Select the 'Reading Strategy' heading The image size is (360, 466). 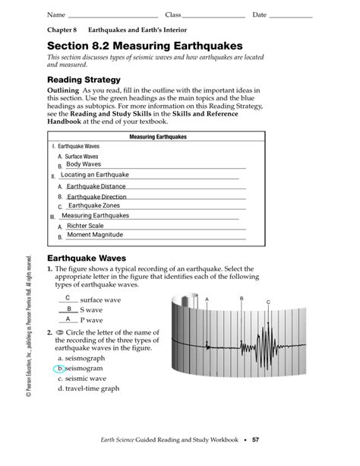point(84,79)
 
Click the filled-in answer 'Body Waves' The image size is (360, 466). point(83,164)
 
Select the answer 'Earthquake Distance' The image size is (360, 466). point(96,186)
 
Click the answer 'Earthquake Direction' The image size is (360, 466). point(96,196)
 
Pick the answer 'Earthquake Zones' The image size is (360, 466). point(93,206)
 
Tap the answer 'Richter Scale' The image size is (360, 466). point(85,226)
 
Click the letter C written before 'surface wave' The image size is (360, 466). point(68,298)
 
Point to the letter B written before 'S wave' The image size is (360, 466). point(68,309)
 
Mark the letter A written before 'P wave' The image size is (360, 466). point(68,319)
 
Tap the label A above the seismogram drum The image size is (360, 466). point(206,300)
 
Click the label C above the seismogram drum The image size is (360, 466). point(268,303)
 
